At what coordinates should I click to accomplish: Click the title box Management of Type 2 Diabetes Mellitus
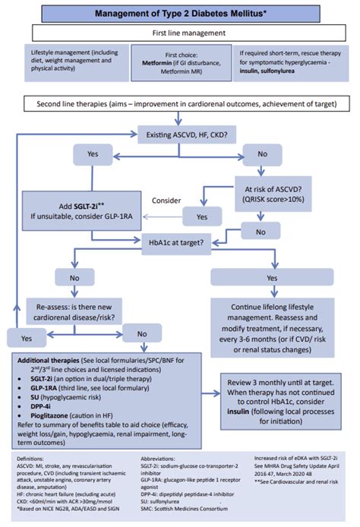coord(179,14)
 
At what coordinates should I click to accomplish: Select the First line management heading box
coord(179,34)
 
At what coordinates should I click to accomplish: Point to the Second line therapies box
coord(179,103)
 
